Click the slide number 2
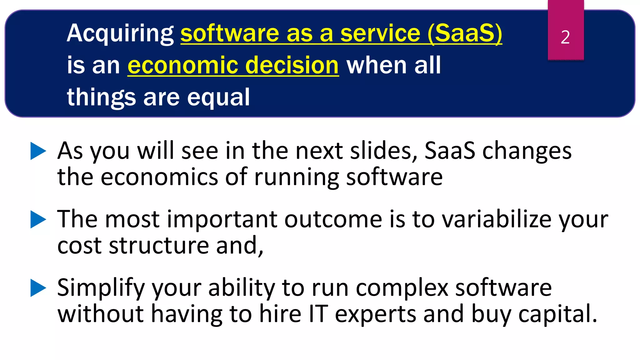click(x=565, y=37)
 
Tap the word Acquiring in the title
click(x=120, y=34)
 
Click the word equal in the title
click(x=218, y=97)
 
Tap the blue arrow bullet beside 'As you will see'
click(x=38, y=151)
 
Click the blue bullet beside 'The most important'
click(x=38, y=219)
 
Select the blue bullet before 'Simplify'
click(x=38, y=288)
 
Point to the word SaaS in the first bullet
click(x=450, y=151)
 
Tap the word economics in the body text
click(x=159, y=177)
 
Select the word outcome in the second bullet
click(x=333, y=219)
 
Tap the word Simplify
click(x=101, y=288)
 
